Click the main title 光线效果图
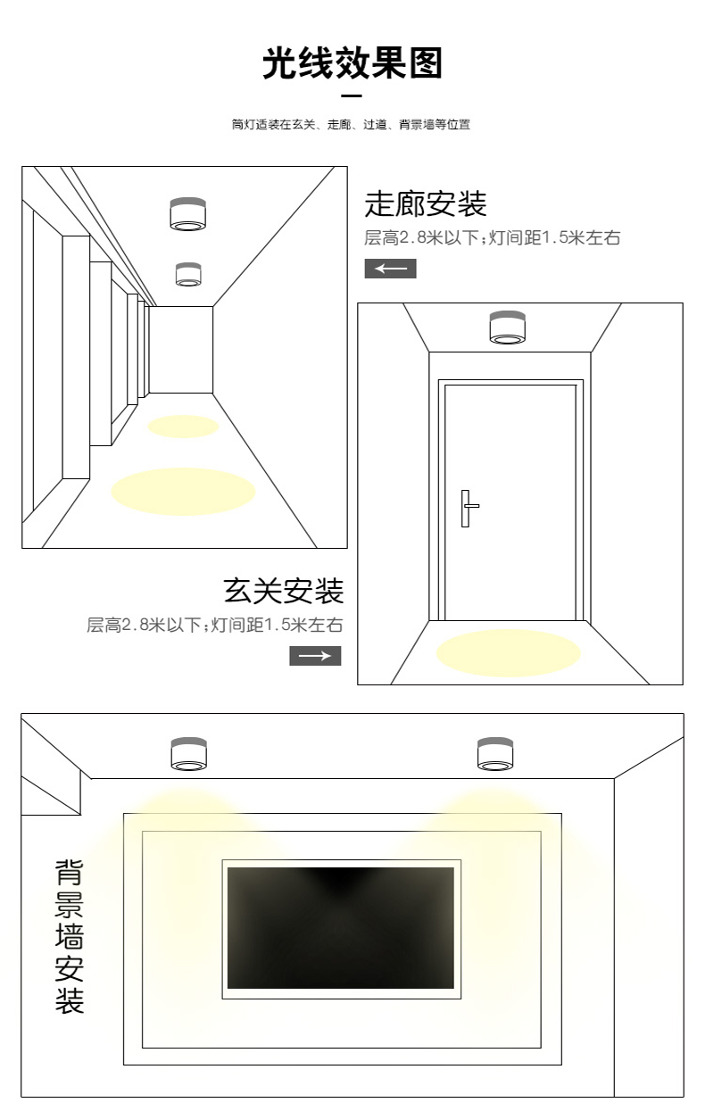[352, 64]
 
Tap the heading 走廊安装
[426, 203]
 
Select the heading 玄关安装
[283, 590]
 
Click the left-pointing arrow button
[390, 269]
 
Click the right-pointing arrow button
[315, 656]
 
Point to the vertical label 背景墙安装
[70, 936]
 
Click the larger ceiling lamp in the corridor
[187, 212]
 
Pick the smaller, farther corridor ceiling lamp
[188, 274]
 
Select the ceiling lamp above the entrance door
[507, 327]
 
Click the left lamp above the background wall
[189, 754]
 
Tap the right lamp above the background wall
[494, 754]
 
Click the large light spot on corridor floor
[183, 490]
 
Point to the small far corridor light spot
[183, 427]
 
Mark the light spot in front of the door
[508, 652]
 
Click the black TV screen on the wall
[341, 928]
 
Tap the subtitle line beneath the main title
[351, 125]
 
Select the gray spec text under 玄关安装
[214, 625]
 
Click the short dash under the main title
[352, 95]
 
